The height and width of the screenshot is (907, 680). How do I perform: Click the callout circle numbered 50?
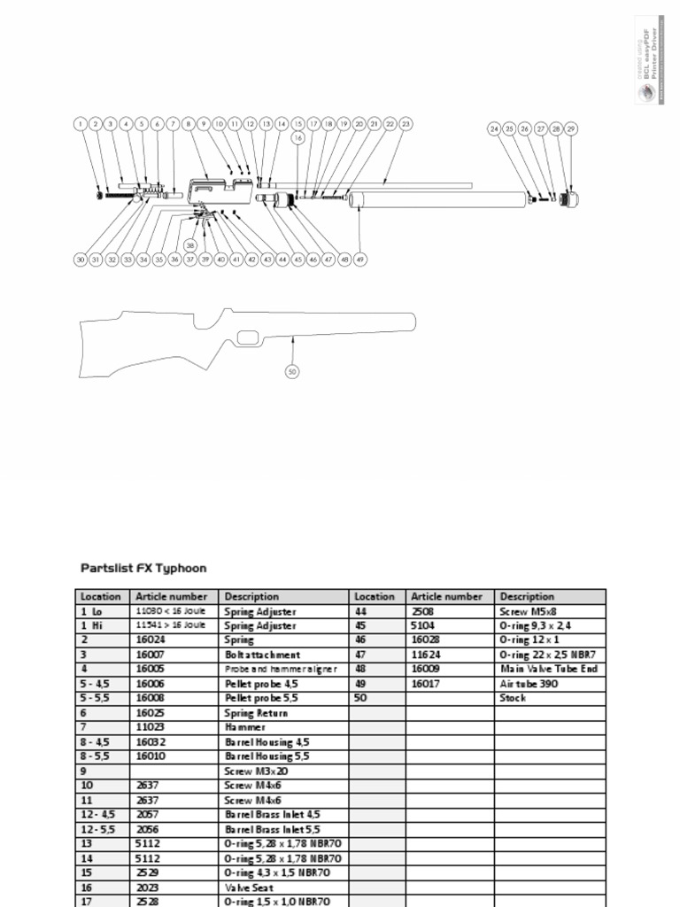point(293,372)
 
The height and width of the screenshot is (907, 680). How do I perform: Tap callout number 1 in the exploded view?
point(80,125)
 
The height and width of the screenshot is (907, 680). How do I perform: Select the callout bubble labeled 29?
point(571,129)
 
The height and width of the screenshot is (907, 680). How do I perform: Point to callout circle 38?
point(190,245)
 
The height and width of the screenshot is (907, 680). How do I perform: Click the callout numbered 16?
point(298,138)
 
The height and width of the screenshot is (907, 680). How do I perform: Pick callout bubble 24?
point(494,129)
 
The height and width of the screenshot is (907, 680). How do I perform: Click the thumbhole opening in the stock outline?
point(248,337)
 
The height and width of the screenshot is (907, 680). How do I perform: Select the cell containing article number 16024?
point(174,640)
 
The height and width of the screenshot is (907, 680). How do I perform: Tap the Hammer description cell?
point(283,727)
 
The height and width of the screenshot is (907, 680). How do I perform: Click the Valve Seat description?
point(283,888)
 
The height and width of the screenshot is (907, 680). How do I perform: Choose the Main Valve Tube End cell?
point(549,670)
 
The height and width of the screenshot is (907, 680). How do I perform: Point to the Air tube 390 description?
point(549,684)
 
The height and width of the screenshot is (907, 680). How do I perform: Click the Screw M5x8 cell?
point(549,611)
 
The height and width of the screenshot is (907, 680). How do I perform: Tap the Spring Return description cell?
point(283,713)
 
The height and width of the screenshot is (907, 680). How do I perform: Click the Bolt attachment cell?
point(283,655)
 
